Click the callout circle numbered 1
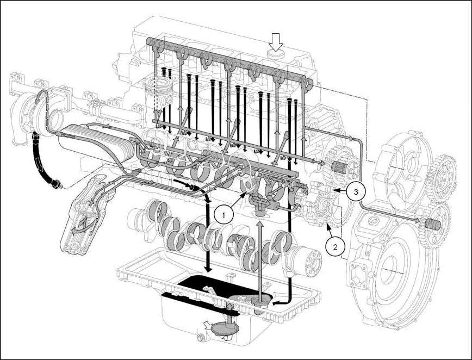click(223, 215)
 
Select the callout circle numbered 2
click(335, 246)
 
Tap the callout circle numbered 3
click(354, 191)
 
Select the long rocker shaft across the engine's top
click(228, 60)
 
